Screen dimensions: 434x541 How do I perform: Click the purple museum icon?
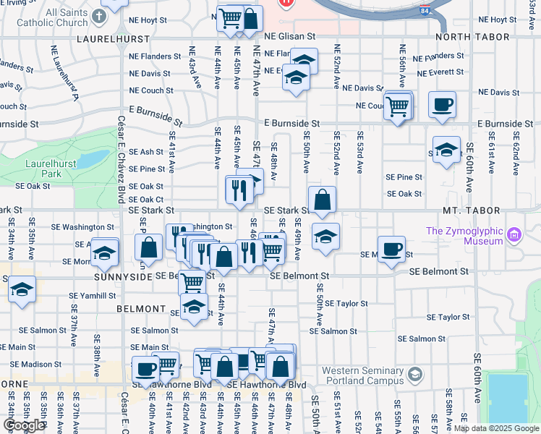click(514, 234)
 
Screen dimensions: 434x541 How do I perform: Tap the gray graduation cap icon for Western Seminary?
click(414, 374)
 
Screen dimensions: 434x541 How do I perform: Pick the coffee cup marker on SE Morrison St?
click(392, 248)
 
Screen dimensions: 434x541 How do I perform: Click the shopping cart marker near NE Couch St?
click(397, 106)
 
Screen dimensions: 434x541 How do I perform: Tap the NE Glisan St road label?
click(290, 35)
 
